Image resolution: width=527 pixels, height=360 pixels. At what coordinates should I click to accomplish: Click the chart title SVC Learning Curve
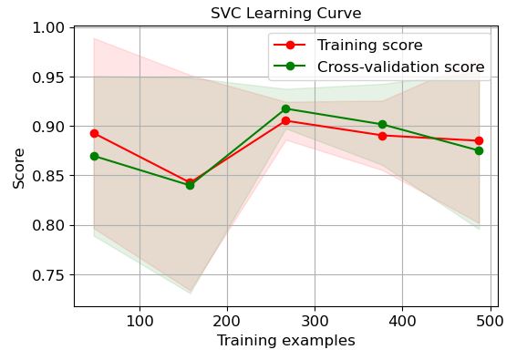[x=286, y=14]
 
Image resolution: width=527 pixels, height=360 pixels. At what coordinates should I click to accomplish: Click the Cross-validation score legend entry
[x=400, y=67]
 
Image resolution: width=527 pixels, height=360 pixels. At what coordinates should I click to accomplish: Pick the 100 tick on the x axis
[x=139, y=322]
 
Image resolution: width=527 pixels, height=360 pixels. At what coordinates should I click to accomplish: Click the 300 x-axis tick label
[x=315, y=322]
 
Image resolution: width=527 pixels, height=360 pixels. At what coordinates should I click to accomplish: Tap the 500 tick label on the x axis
[x=490, y=322]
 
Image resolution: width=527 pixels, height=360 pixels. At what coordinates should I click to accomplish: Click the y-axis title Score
[x=19, y=168]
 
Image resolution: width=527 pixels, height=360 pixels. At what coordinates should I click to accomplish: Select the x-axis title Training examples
[x=285, y=342]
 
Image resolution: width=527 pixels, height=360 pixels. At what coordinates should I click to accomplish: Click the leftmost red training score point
[x=94, y=133]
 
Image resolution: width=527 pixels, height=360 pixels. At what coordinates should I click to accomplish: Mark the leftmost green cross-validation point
[x=94, y=156]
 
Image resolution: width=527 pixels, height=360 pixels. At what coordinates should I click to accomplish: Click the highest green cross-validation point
[x=286, y=108]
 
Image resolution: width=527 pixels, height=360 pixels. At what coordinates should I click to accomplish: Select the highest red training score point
[x=286, y=120]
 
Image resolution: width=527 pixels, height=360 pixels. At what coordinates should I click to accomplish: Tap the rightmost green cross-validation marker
[x=479, y=150]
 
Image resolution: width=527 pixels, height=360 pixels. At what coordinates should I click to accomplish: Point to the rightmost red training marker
[x=479, y=140]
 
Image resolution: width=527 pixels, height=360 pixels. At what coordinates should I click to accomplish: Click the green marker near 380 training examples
[x=382, y=124]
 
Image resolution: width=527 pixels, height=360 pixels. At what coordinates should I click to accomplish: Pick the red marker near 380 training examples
[x=382, y=136]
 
